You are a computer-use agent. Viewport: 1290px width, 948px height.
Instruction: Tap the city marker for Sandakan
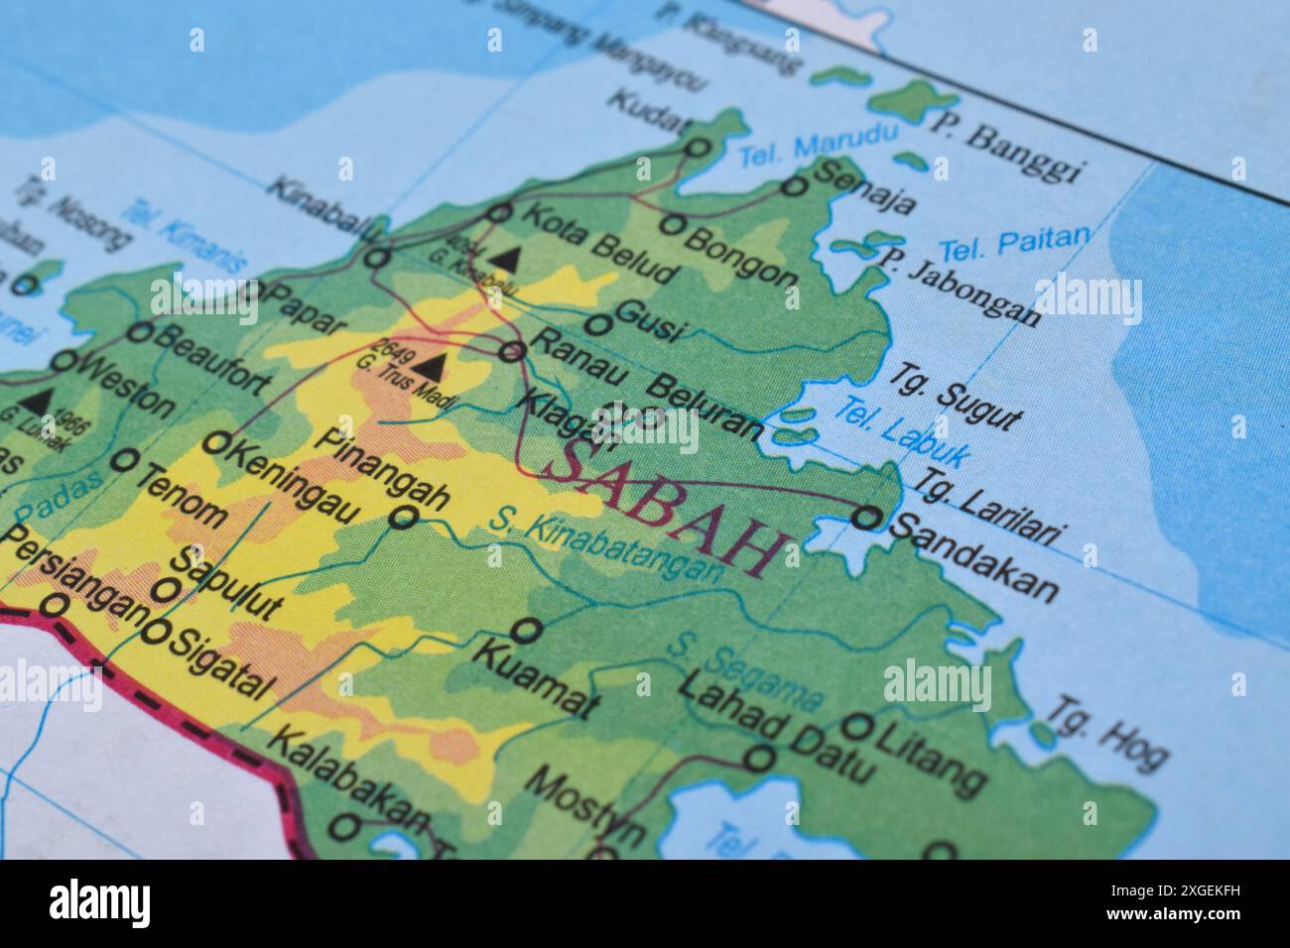click(866, 517)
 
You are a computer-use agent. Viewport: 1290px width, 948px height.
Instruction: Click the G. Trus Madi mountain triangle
click(429, 366)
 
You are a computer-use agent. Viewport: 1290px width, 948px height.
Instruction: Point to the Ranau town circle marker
click(512, 350)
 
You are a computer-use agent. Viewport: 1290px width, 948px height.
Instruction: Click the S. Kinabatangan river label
click(606, 541)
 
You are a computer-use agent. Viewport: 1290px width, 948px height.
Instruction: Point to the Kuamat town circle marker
click(527, 629)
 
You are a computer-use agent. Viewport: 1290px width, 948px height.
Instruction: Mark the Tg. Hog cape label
click(1106, 735)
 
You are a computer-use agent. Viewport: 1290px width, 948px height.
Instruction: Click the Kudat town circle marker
click(699, 148)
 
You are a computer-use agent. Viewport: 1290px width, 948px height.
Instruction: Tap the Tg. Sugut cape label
click(953, 397)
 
